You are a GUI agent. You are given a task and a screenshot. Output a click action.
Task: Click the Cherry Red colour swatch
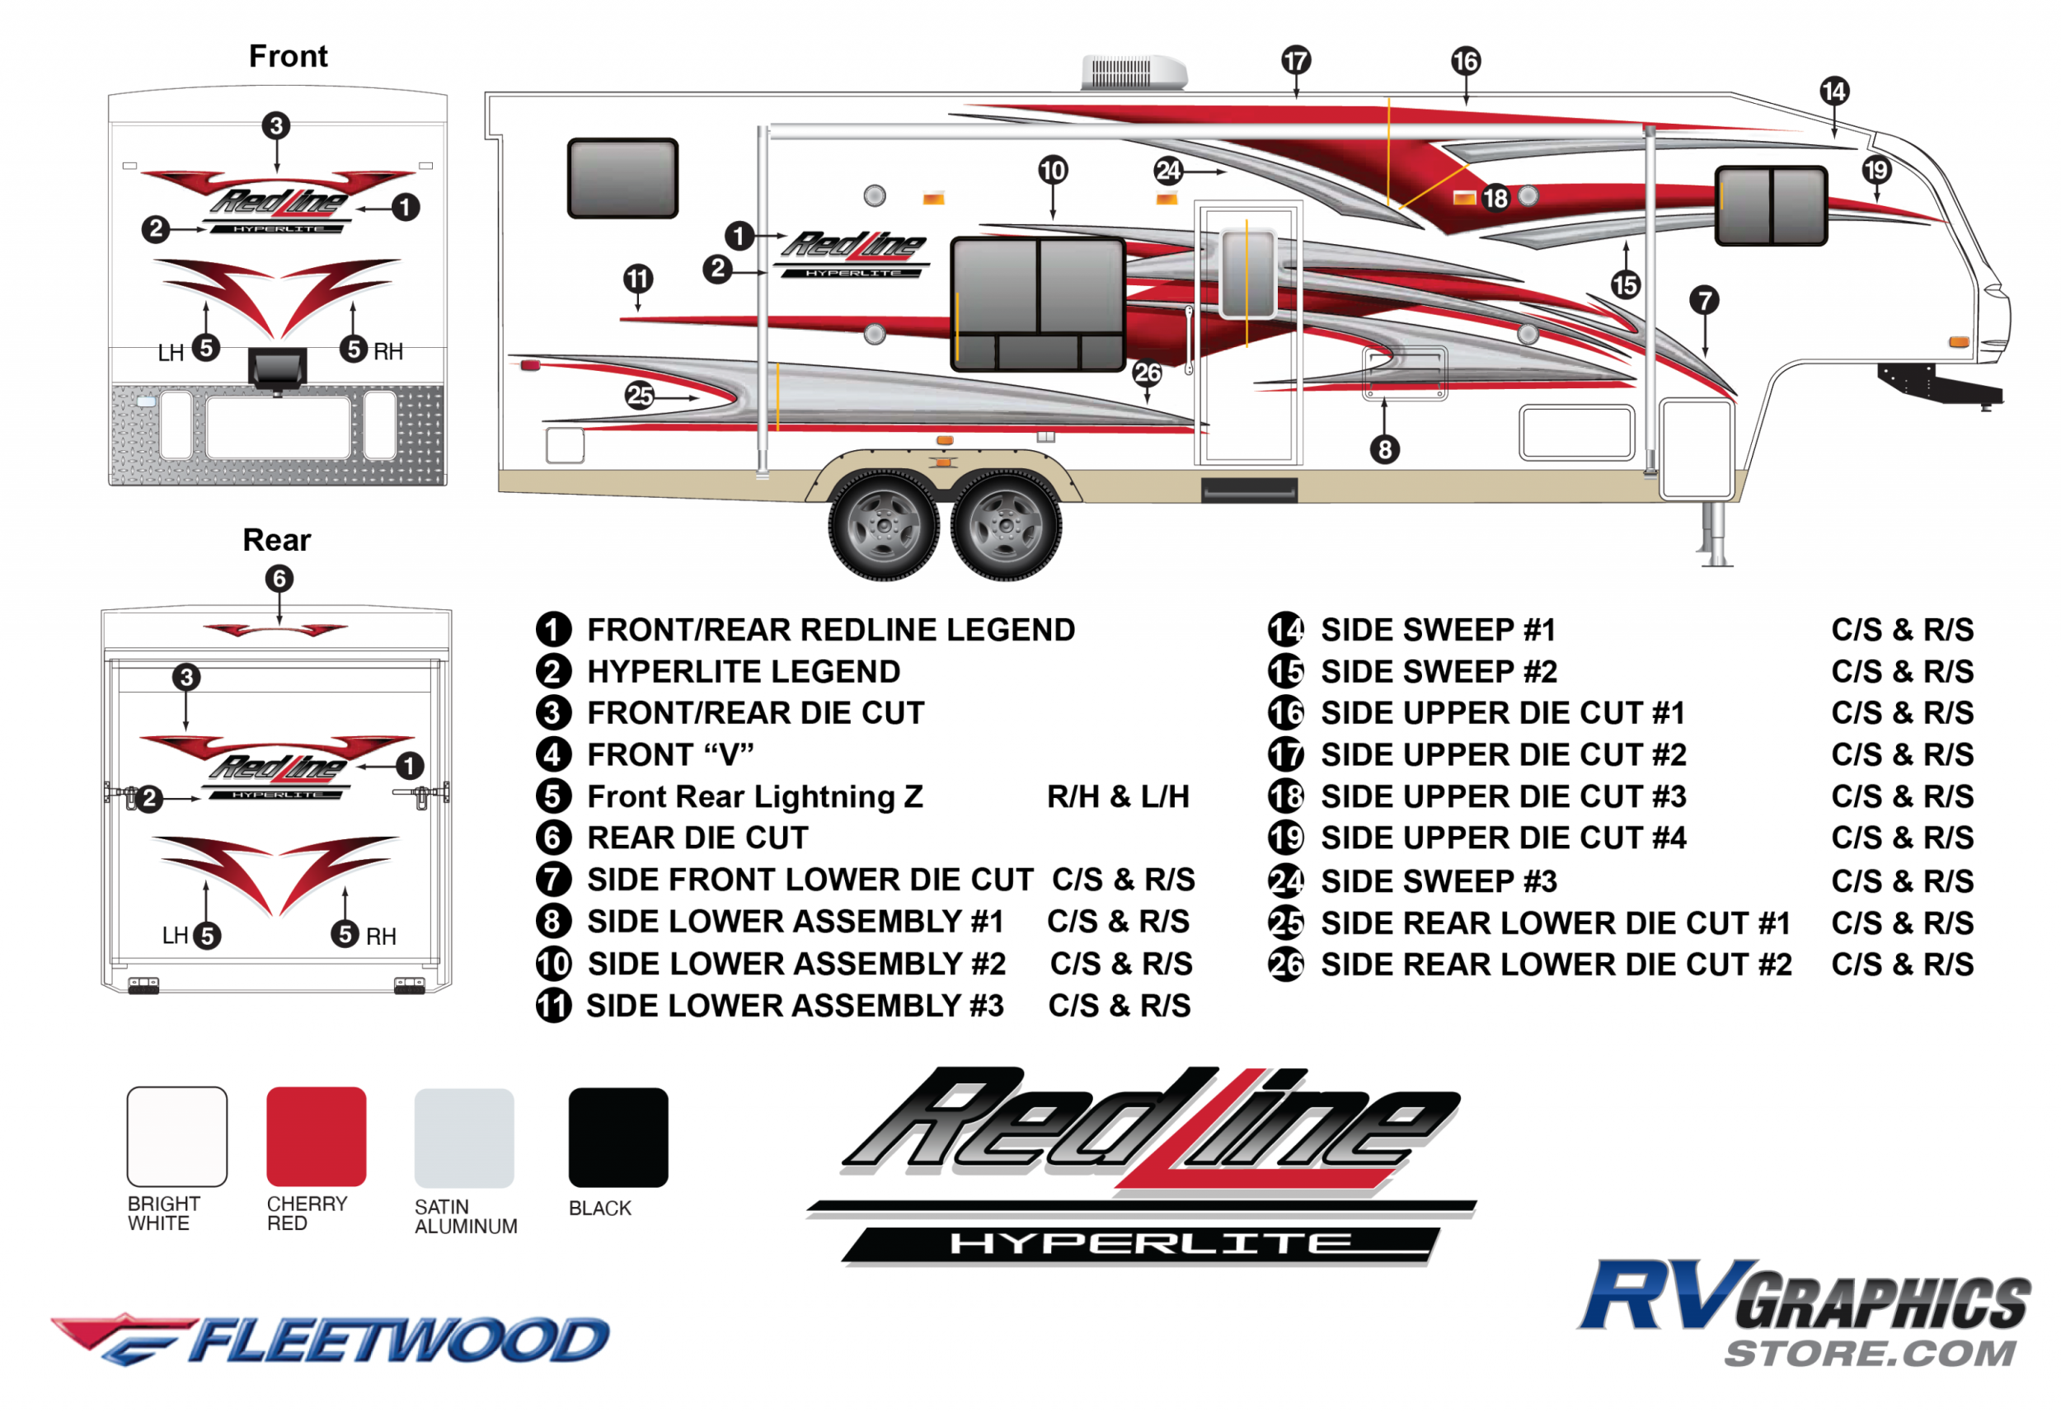[x=316, y=1136]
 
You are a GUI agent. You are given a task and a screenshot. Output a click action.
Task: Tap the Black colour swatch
[x=617, y=1137]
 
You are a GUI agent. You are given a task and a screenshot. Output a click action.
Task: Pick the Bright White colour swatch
[x=176, y=1136]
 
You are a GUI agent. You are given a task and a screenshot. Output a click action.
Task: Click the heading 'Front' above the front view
[x=289, y=56]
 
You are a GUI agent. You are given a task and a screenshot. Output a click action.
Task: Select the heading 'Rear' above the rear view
[x=277, y=540]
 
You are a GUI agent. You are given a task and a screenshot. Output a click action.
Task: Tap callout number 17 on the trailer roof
[x=1296, y=60]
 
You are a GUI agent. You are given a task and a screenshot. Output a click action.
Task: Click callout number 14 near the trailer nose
[x=1834, y=91]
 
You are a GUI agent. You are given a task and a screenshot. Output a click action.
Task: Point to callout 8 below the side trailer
[x=1385, y=450]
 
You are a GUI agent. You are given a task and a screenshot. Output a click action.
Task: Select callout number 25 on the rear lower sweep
[x=640, y=396]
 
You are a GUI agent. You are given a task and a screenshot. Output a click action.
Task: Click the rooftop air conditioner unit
[x=1133, y=72]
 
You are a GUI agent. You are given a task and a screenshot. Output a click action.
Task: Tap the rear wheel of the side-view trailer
[x=883, y=525]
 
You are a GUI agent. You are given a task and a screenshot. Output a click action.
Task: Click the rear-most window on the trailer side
[x=622, y=178]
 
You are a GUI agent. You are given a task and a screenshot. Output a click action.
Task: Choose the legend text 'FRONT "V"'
[x=670, y=755]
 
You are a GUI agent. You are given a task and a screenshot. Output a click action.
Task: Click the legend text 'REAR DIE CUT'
[x=698, y=838]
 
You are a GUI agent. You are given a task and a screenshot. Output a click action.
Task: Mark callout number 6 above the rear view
[x=279, y=580]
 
